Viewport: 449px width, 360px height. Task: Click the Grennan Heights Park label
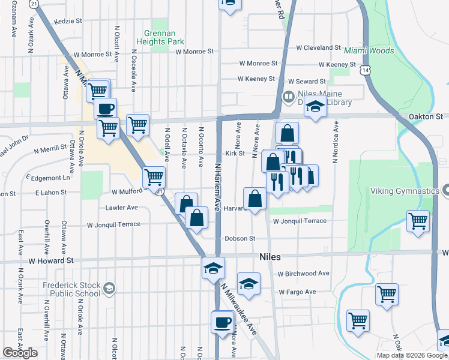pyautogui.click(x=164, y=37)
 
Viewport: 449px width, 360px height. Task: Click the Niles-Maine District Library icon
pyautogui.click(x=289, y=96)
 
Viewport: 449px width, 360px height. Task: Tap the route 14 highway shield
pyautogui.click(x=365, y=70)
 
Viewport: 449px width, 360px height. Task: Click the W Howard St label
pyautogui.click(x=42, y=261)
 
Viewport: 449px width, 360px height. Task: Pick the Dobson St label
pyautogui.click(x=240, y=238)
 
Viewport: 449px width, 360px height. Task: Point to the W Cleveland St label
pyautogui.click(x=318, y=47)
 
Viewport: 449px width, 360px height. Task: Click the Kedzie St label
pyautogui.click(x=67, y=21)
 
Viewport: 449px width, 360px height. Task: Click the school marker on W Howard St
pyautogui.click(x=213, y=268)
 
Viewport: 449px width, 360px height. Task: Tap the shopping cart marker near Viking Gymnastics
pyautogui.click(x=418, y=220)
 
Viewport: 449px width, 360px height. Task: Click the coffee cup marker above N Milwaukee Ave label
pyautogui.click(x=222, y=322)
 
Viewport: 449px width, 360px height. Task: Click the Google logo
pyautogui.click(x=20, y=353)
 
